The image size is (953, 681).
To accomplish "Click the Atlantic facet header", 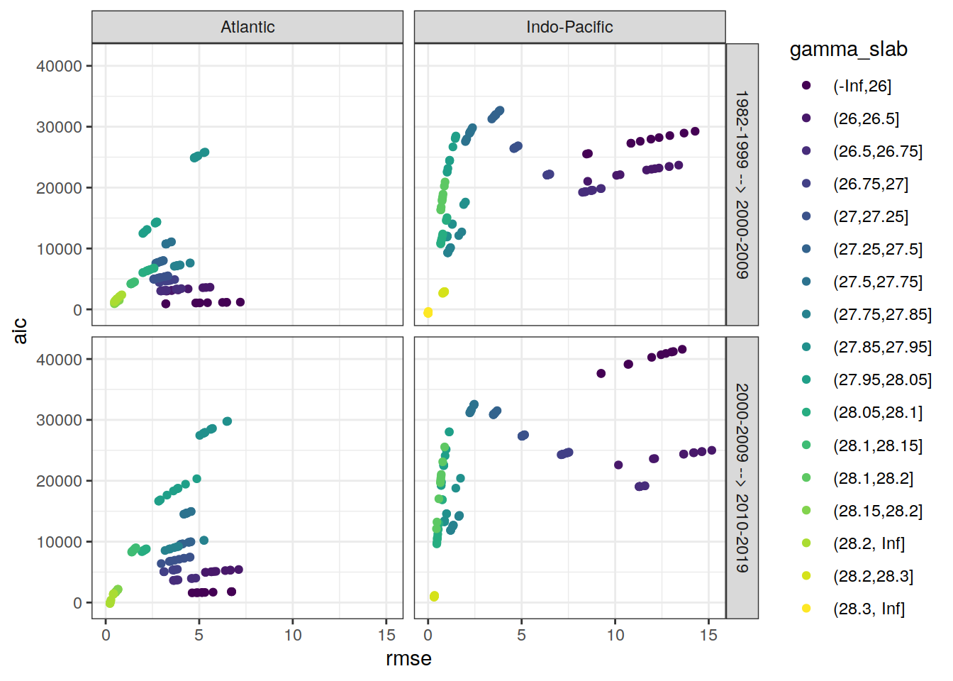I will pos(247,27).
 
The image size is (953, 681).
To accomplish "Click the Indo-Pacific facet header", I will pos(569,27).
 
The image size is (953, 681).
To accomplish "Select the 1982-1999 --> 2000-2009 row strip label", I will pos(742,184).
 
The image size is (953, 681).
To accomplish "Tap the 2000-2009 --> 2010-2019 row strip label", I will pos(742,477).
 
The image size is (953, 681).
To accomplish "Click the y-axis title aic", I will pos(20,331).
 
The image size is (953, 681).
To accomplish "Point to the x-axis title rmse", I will pos(408,659).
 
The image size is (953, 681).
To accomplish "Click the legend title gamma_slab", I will pos(848,50).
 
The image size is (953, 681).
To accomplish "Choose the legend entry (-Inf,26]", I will pos(862,86).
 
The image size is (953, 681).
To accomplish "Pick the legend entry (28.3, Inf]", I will pos(869,609).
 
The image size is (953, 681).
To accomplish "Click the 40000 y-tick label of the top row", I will pos(59,66).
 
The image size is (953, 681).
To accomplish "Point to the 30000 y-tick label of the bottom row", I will pos(59,420).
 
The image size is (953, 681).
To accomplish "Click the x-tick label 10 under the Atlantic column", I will pos(293,636).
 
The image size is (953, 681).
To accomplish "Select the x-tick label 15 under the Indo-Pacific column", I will pos(708,636).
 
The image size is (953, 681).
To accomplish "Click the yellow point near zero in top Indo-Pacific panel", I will pos(428,312).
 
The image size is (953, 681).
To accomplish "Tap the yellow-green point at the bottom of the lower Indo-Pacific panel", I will pos(434,597).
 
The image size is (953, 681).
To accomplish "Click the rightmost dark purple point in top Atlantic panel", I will pos(240,302).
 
